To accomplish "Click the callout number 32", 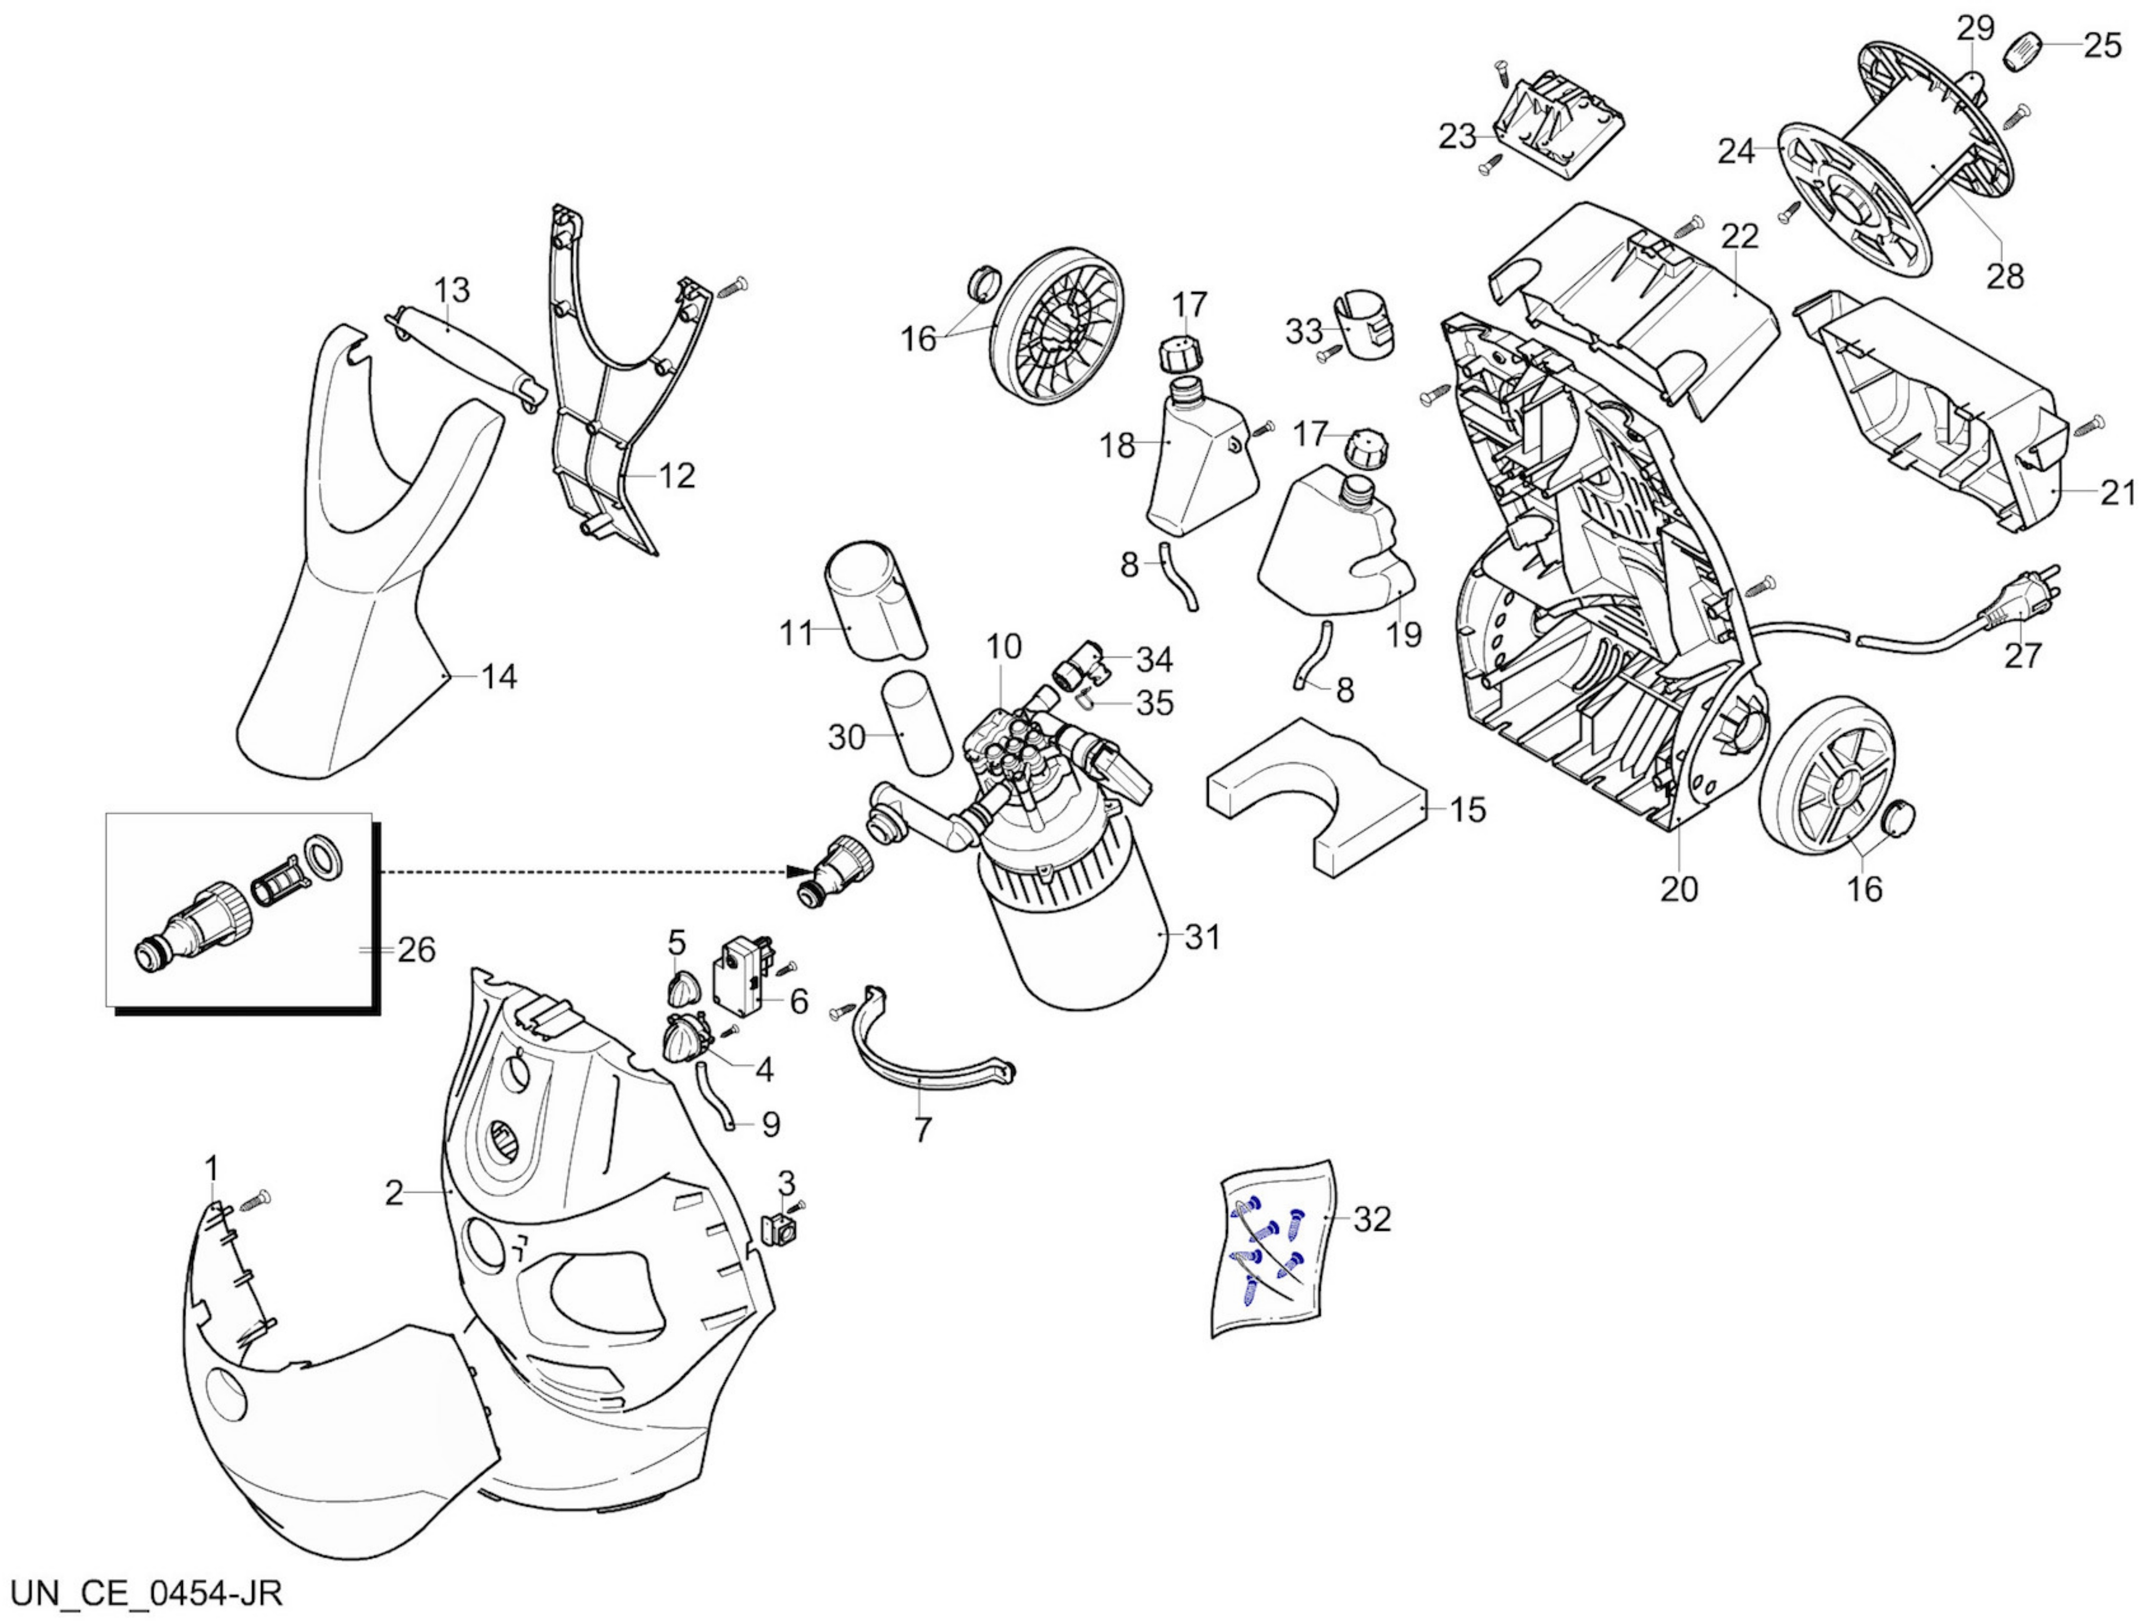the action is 1372,1220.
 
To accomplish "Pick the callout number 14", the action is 499,676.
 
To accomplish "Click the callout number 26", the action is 416,949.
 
